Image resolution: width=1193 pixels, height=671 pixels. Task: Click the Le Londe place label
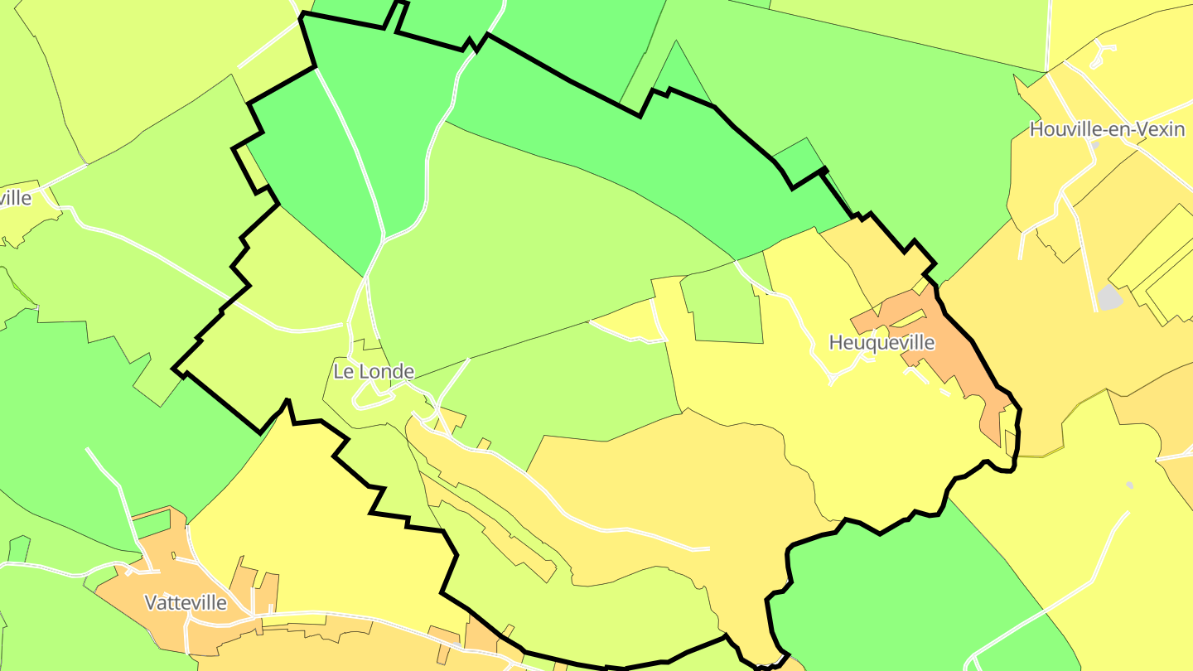pyautogui.click(x=374, y=371)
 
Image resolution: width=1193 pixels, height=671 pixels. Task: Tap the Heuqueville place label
pyautogui.click(x=881, y=342)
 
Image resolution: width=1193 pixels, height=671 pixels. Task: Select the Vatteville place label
pyautogui.click(x=186, y=602)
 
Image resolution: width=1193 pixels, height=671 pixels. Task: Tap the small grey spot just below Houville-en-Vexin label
pyautogui.click(x=1094, y=145)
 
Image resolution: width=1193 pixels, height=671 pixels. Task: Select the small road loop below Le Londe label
pyautogui.click(x=373, y=399)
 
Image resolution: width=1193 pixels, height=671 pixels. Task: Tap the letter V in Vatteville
pyautogui.click(x=151, y=602)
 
